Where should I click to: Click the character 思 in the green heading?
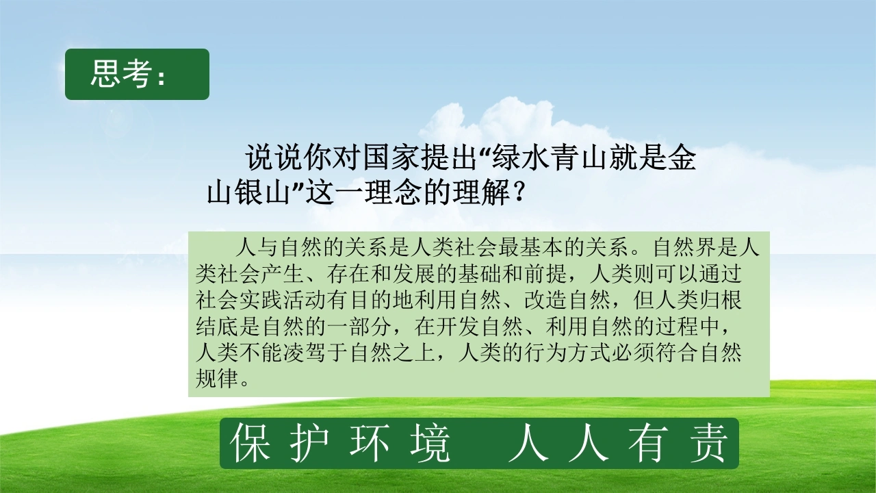pos(105,73)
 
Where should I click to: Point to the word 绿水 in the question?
pos(522,158)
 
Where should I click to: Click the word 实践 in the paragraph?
pos(261,300)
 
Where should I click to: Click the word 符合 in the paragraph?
pos(676,353)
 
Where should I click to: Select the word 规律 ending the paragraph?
pos(217,379)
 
